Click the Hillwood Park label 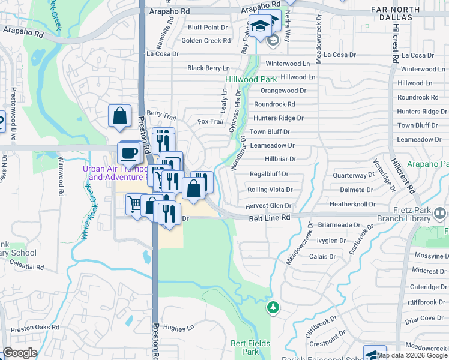pyautogui.click(x=251, y=79)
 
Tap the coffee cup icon pyautogui.click(x=129, y=152)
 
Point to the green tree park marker pyautogui.click(x=273, y=307)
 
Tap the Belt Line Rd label pyautogui.click(x=270, y=219)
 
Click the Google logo pyautogui.click(x=20, y=352)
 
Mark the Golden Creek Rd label pyautogui.click(x=206, y=41)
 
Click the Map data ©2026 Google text pyautogui.click(x=411, y=355)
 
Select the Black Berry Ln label pyautogui.click(x=208, y=68)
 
